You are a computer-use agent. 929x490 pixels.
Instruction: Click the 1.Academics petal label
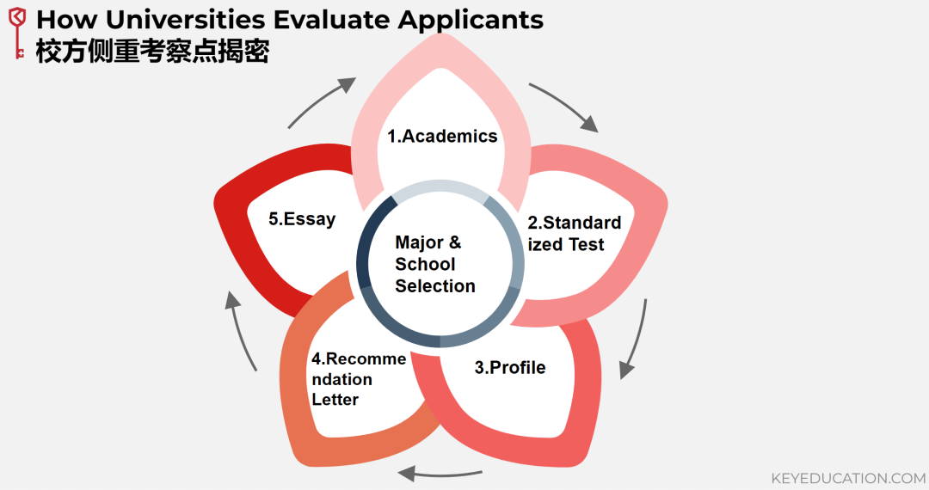point(442,136)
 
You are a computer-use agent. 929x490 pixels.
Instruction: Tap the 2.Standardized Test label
point(574,234)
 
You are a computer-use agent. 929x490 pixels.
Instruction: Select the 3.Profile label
point(510,368)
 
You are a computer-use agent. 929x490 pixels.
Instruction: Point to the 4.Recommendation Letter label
point(358,379)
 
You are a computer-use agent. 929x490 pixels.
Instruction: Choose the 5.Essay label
point(302,219)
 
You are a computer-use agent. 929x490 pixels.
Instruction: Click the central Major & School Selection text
point(434,265)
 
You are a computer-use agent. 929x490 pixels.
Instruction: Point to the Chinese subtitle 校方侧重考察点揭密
point(153,52)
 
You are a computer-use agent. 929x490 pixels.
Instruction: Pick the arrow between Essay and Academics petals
point(319,101)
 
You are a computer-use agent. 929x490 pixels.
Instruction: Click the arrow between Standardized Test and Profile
point(634,339)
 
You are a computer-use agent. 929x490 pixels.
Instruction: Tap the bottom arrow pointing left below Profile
point(439,472)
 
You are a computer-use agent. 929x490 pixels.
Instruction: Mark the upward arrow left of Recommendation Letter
point(242,331)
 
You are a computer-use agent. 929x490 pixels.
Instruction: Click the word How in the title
point(65,20)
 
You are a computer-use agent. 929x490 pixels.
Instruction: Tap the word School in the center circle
point(425,265)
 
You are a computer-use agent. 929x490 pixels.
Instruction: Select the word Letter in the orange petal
point(335,400)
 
